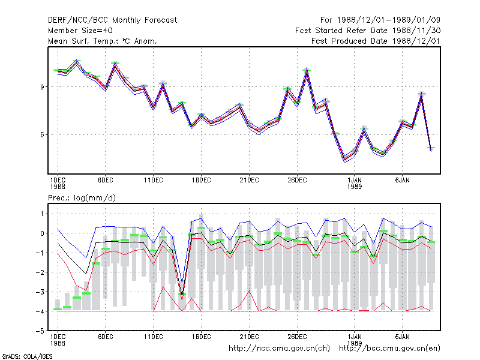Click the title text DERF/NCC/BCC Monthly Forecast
click(112, 20)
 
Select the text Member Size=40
click(80, 31)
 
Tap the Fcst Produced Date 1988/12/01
click(376, 41)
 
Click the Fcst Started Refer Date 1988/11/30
click(368, 31)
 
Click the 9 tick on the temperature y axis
click(42, 87)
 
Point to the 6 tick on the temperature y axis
click(42, 135)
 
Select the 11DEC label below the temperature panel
click(154, 181)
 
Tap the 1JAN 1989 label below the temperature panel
click(355, 184)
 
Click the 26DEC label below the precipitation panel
click(297, 337)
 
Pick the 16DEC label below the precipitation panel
click(202, 337)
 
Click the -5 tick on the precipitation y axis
click(40, 331)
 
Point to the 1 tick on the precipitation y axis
click(42, 214)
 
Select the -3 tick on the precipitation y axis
click(40, 292)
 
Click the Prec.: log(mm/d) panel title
click(82, 198)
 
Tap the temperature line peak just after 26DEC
click(307, 68)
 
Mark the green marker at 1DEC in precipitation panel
click(58, 309)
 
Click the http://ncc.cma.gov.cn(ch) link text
click(279, 349)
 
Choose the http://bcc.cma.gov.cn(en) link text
click(389, 349)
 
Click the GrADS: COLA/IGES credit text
click(27, 356)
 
